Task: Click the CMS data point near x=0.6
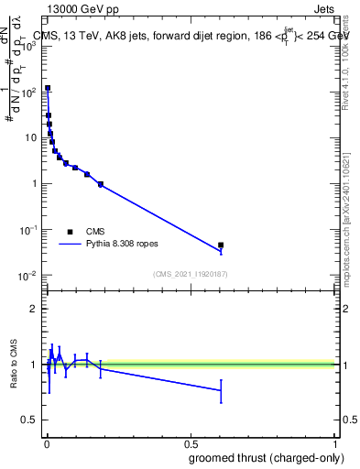click(x=221, y=245)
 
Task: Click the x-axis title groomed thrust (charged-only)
click(x=272, y=457)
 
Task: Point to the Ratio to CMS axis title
click(x=14, y=365)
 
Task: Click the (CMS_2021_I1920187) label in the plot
click(x=190, y=274)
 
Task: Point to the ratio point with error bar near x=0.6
click(x=221, y=390)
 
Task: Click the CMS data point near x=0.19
click(x=101, y=184)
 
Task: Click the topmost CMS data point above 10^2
click(x=48, y=88)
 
